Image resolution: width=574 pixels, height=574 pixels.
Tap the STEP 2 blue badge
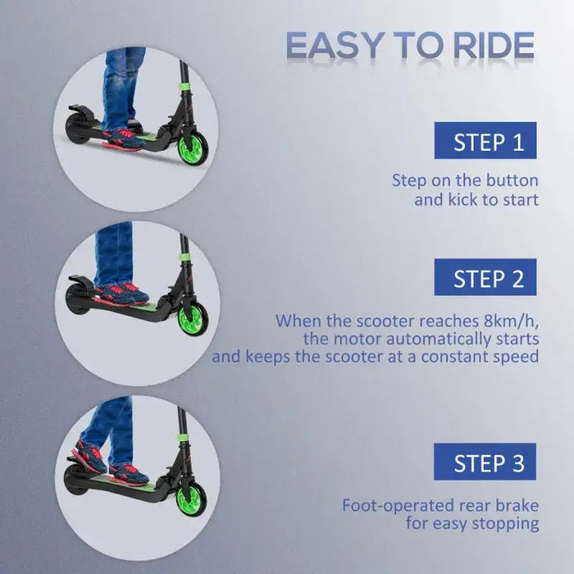[485, 277]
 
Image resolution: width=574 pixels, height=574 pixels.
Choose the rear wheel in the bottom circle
[75, 480]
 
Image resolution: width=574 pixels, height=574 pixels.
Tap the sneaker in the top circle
[123, 137]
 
